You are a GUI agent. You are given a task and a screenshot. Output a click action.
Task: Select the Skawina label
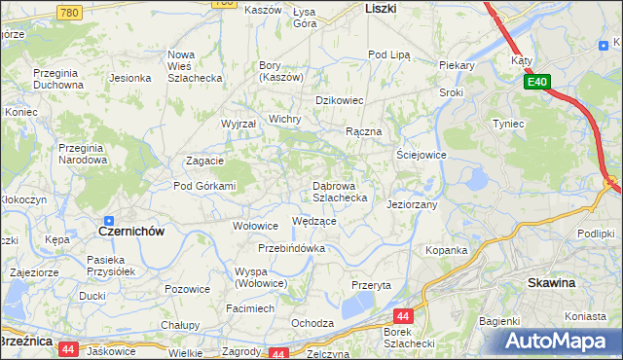click(x=551, y=281)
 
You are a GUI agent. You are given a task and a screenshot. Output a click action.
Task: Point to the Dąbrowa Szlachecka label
click(x=339, y=191)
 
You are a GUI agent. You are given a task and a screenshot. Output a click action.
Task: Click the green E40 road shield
click(x=539, y=83)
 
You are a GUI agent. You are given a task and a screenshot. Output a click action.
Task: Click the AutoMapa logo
click(x=562, y=341)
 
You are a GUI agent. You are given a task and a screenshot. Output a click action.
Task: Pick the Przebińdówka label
click(x=291, y=248)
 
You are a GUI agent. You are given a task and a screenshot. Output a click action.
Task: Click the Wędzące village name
click(x=313, y=221)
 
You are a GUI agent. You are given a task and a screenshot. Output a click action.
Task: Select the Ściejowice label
click(x=421, y=154)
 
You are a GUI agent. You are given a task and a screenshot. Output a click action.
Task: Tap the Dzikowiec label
click(x=339, y=99)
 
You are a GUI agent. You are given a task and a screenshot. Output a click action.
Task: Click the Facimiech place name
click(x=250, y=307)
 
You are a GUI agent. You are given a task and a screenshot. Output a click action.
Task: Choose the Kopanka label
click(x=446, y=250)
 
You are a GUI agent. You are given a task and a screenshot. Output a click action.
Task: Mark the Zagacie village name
click(x=205, y=162)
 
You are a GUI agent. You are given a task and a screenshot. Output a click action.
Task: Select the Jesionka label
click(x=129, y=77)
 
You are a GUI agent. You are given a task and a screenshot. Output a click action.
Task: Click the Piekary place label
click(x=456, y=65)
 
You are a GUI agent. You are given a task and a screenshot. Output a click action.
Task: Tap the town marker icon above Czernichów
click(x=109, y=220)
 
